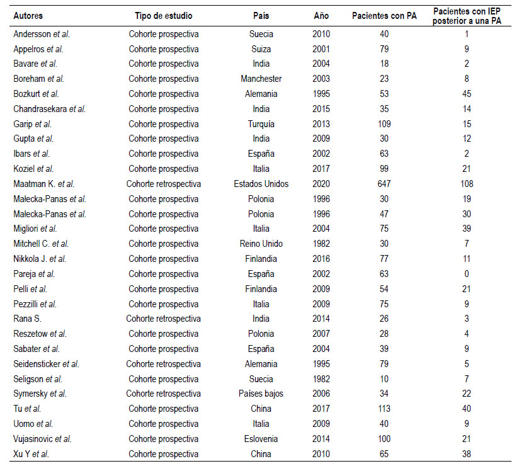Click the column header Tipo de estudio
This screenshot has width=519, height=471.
[164, 16]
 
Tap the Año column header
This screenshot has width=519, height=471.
[321, 16]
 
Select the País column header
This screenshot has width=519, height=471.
[261, 16]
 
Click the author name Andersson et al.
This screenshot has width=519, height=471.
[42, 34]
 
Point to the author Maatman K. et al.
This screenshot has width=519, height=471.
[43, 184]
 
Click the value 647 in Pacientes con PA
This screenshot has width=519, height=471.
[384, 184]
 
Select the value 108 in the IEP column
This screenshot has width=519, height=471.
[467, 184]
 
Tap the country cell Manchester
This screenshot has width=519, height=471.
[261, 79]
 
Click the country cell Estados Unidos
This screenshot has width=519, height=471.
[261, 184]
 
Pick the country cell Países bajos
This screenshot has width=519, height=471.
[261, 394]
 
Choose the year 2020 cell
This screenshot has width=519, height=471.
[321, 184]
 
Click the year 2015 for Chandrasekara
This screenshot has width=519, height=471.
[321, 109]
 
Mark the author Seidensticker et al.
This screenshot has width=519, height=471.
[47, 364]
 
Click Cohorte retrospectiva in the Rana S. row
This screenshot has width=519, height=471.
[164, 319]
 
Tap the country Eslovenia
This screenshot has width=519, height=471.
[261, 439]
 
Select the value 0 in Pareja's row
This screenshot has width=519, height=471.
[467, 274]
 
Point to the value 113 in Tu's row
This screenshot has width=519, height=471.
[384, 409]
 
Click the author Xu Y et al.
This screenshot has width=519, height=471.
[31, 454]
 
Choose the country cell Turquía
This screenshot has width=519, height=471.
[261, 124]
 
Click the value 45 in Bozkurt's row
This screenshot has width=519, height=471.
[467, 94]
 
